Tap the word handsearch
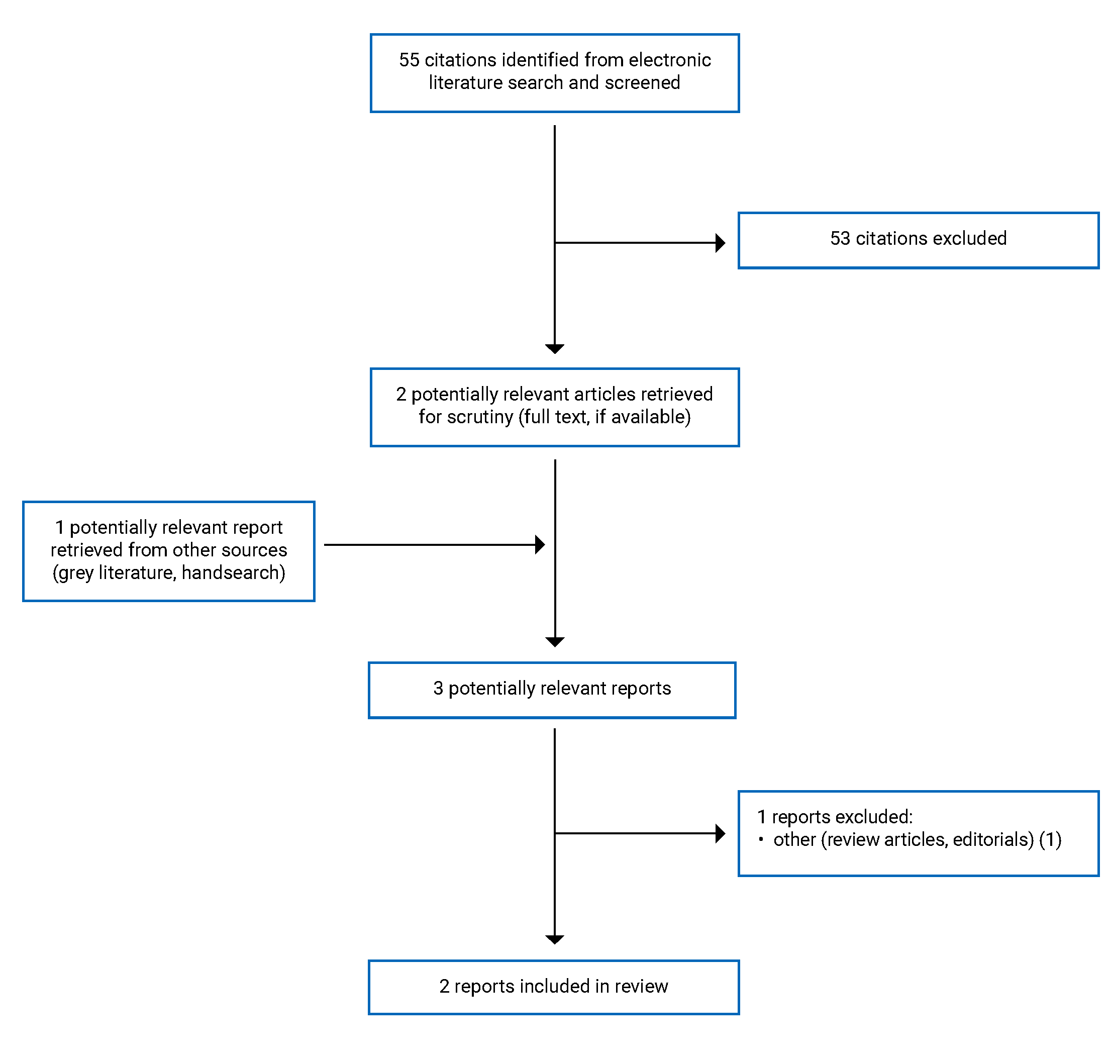click(x=229, y=573)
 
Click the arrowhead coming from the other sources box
click(x=539, y=545)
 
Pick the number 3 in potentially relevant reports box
click(x=438, y=689)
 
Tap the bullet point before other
click(x=760, y=839)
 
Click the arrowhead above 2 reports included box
click(x=554, y=940)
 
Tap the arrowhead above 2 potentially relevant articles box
click(x=554, y=349)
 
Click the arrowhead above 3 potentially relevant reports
click(x=554, y=642)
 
